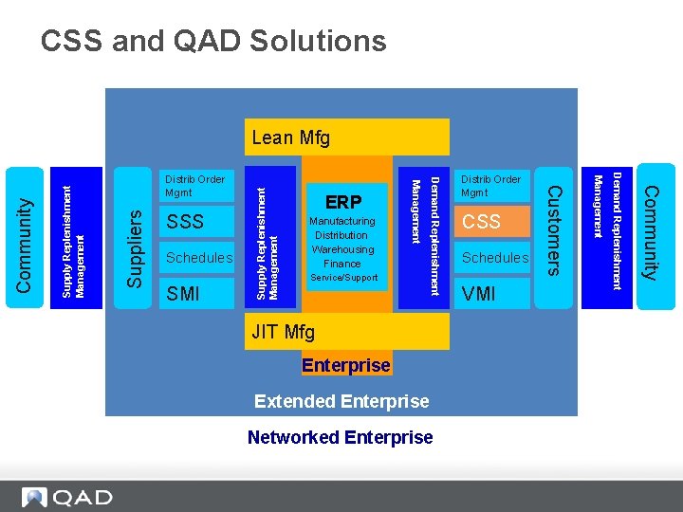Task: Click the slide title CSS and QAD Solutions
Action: coord(213,41)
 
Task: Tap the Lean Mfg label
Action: coord(291,137)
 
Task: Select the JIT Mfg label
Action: coord(283,332)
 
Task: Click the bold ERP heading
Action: coord(343,202)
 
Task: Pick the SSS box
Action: coord(196,222)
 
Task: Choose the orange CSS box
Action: coord(492,222)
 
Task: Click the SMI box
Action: coord(196,294)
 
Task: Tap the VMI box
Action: coord(492,294)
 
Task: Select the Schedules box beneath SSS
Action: coord(198,258)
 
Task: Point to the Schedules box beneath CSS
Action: coord(494,258)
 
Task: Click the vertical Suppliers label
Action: coord(136,248)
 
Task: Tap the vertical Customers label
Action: coord(556,230)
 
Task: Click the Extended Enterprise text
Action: coord(341,401)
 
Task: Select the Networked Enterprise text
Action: coord(340,437)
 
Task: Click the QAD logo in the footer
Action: coord(67,497)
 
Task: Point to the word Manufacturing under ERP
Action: coord(342,221)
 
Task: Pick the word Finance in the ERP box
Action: coord(342,264)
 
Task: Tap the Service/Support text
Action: coord(342,278)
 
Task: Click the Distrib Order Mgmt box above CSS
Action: coord(492,185)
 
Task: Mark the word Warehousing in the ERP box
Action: coord(342,249)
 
